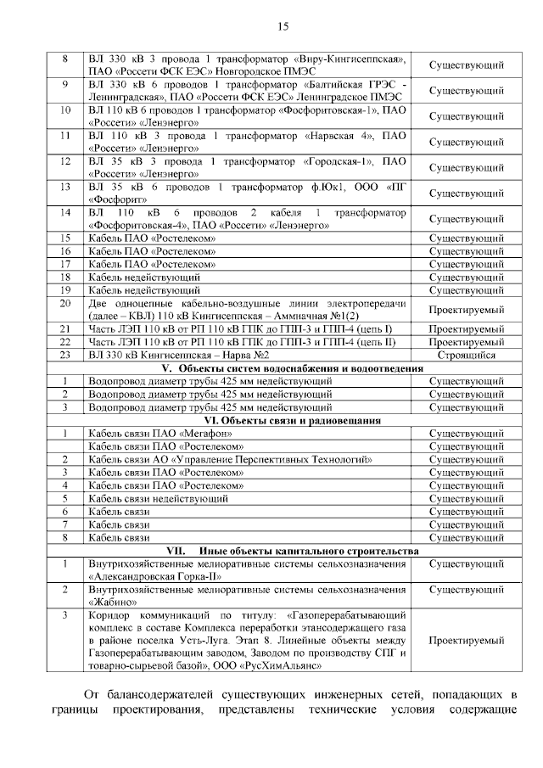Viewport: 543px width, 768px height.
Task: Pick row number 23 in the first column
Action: [64, 355]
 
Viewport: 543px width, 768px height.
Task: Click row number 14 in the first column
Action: [64, 212]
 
